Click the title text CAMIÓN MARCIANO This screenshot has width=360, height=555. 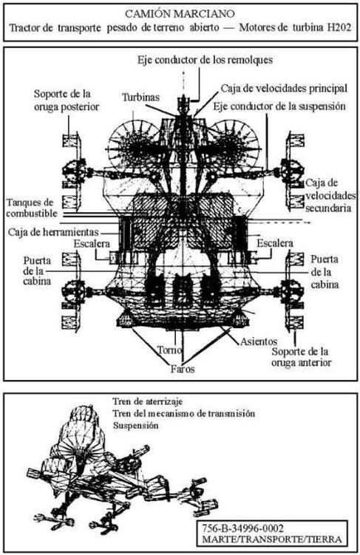tap(180, 14)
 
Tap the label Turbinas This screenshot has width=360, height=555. tap(140, 98)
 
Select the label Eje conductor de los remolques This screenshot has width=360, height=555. tap(206, 60)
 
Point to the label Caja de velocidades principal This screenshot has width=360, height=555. tap(284, 88)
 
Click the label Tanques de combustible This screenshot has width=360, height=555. tap(32, 208)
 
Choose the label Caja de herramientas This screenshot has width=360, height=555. tap(53, 232)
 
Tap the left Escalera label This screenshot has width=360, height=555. tap(92, 244)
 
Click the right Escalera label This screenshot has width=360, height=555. tap(275, 243)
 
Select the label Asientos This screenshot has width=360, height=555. tap(259, 341)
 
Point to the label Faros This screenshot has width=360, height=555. tap(183, 369)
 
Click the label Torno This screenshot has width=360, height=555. tap(170, 350)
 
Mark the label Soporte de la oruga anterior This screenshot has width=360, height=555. tap(302, 357)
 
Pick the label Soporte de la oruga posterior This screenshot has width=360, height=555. tap(67, 101)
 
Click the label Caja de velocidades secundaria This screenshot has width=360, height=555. tap(330, 195)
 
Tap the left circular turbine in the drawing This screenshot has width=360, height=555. tap(134, 145)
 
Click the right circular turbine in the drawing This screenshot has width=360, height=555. tap(233, 145)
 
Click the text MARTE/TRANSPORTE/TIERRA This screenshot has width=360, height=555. tap(272, 539)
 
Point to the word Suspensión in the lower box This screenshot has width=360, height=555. tap(135, 426)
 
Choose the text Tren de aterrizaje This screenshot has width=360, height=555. tap(148, 401)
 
